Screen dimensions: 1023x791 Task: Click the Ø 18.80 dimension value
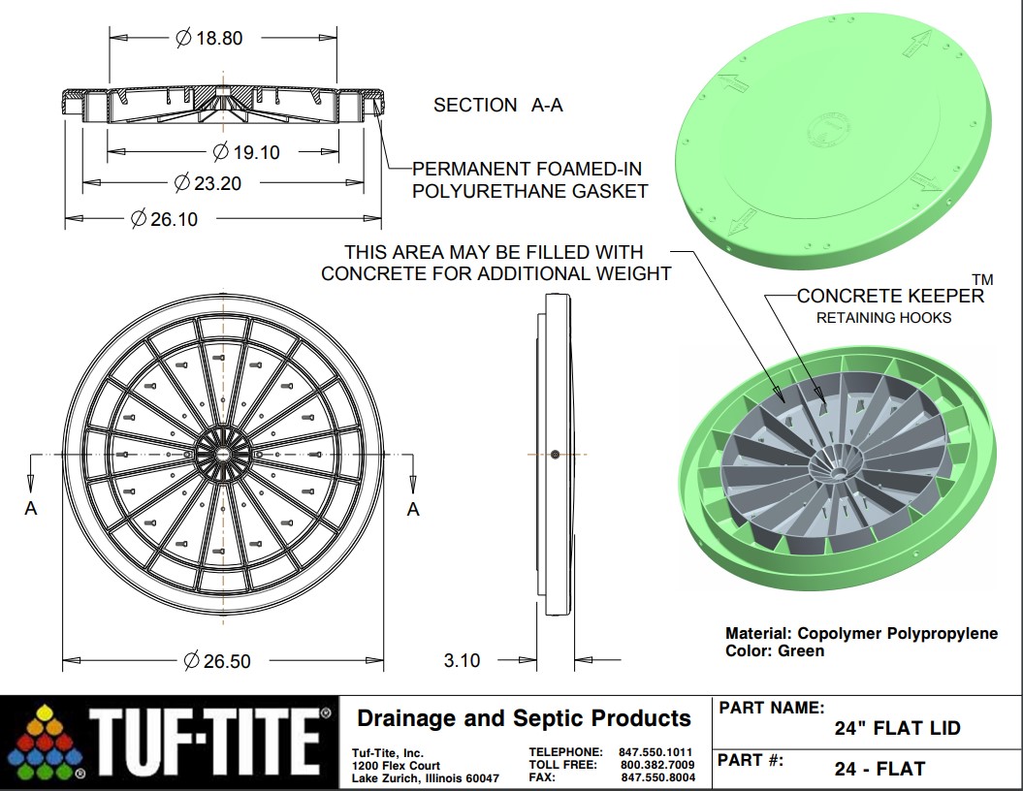click(208, 38)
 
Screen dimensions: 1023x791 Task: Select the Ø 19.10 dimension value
click(245, 152)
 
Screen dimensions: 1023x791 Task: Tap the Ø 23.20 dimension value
click(208, 182)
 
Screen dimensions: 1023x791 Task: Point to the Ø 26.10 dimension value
click(164, 219)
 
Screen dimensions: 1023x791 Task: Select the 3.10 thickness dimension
click(462, 661)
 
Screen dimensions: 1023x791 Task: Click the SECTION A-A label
click(497, 105)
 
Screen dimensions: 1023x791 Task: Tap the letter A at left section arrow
click(31, 508)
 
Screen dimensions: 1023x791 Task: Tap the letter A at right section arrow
click(414, 508)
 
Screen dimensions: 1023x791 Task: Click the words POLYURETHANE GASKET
click(529, 191)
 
